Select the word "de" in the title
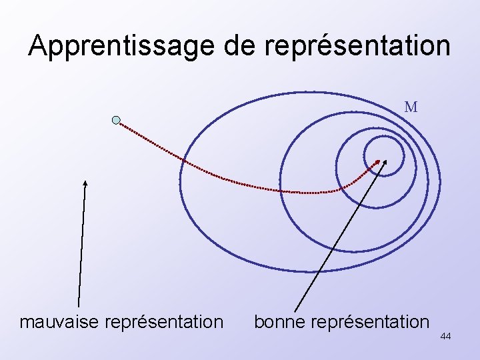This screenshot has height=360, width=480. (237, 45)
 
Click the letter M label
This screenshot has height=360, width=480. (411, 107)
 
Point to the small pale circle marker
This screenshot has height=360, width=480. (116, 120)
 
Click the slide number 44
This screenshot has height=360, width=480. (445, 337)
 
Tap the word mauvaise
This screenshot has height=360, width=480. (64, 322)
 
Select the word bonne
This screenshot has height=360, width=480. (279, 322)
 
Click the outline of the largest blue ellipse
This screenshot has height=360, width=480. (180, 180)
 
